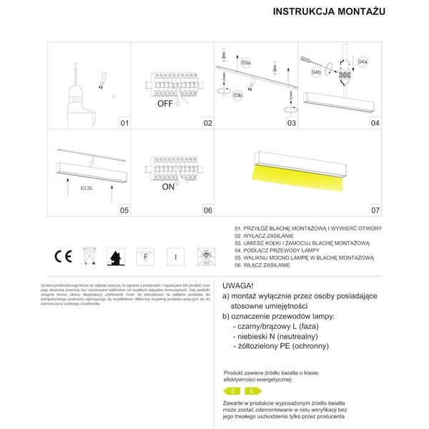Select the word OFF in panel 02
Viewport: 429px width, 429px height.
(x=166, y=103)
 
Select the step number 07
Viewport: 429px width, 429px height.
(x=375, y=211)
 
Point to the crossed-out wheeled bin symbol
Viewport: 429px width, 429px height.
(x=90, y=256)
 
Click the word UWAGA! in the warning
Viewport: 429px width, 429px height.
(x=238, y=284)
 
